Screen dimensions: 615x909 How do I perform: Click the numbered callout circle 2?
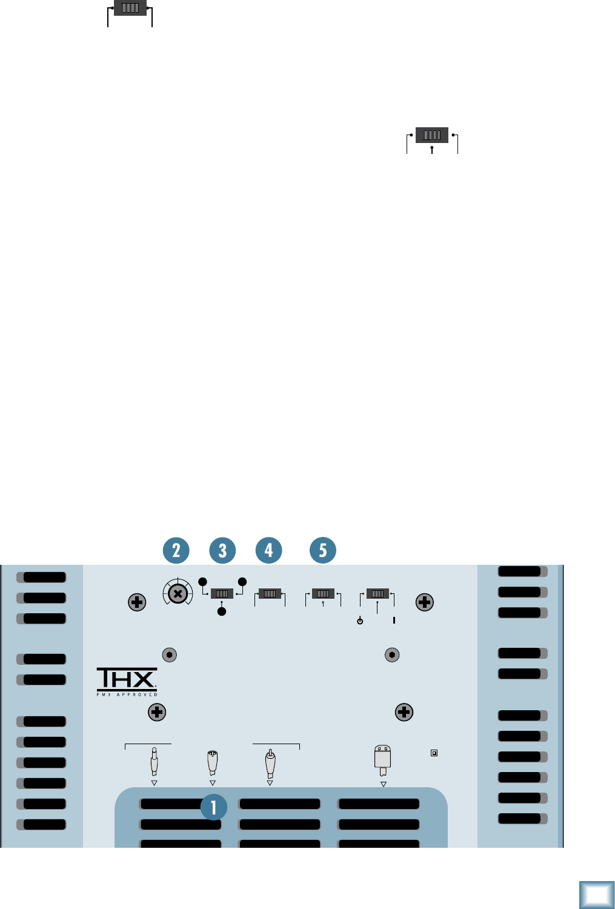point(176,550)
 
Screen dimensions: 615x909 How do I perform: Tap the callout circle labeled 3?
point(222,550)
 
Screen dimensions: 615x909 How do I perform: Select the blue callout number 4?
point(269,550)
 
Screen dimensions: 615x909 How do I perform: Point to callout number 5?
point(323,550)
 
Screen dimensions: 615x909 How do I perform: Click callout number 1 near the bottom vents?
point(214,807)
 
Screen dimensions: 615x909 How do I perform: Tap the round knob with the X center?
point(178,594)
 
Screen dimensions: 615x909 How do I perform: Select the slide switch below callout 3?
point(222,594)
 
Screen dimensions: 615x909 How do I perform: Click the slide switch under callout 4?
point(270,594)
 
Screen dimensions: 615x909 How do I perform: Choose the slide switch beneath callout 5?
point(323,594)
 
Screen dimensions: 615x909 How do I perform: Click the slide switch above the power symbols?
point(377,594)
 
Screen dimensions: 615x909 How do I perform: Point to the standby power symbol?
point(360,621)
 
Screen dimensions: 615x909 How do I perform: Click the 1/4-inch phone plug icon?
point(155,762)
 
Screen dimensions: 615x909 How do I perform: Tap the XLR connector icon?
point(212,762)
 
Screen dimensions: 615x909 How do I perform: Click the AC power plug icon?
point(383,760)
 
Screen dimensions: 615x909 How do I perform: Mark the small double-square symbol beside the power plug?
point(434,753)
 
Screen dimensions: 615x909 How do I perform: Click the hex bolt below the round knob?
point(170,655)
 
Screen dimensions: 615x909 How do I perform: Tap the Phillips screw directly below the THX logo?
point(157,712)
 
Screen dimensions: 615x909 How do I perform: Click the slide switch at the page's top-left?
point(130,8)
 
